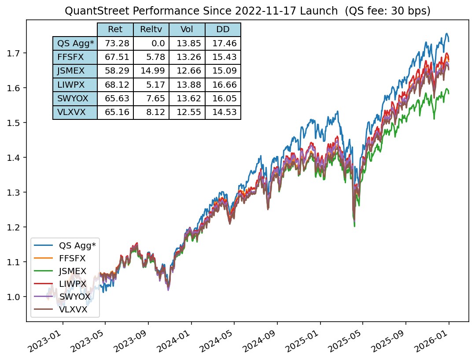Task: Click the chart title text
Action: [247, 11]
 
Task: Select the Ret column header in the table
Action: [115, 30]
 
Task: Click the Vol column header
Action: [187, 30]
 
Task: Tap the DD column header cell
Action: [223, 30]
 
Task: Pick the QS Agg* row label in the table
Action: [75, 43]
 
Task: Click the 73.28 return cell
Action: [115, 43]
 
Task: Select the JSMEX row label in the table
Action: [75, 71]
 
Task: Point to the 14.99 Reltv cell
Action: [151, 71]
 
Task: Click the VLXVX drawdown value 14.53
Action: [223, 112]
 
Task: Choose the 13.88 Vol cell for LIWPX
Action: [187, 85]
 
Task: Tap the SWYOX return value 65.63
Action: [115, 98]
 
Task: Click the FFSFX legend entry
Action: [72, 258]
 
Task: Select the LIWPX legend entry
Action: [73, 284]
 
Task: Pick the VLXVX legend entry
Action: [73, 310]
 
